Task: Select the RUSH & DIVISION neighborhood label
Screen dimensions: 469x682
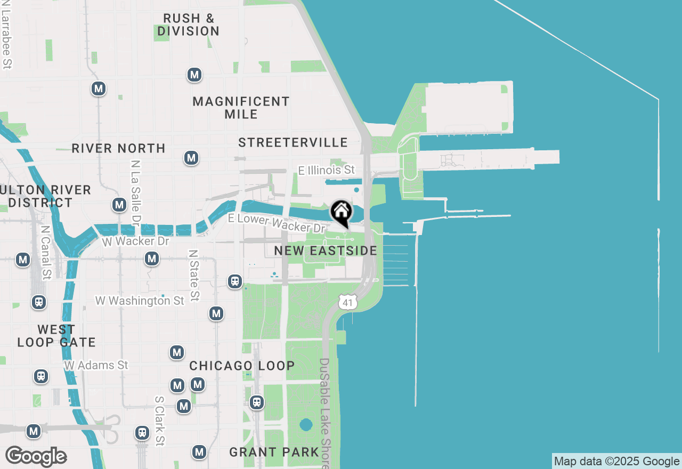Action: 189,25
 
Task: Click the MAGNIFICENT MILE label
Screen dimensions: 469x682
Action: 241,108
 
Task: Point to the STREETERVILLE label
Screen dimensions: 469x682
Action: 293,142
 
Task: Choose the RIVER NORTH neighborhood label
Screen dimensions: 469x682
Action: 118,148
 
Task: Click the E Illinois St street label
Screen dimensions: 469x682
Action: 326,170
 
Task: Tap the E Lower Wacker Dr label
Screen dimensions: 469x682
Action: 277,223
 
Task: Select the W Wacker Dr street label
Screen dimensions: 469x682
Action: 135,241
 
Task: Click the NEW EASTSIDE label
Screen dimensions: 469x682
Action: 326,250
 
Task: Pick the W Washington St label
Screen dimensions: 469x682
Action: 140,301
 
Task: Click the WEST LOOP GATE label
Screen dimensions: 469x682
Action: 56,336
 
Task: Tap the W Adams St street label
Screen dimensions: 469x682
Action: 96,366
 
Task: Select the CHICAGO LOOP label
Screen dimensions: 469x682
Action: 242,366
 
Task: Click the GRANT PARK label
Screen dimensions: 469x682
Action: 274,452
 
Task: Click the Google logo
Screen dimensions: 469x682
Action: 36,456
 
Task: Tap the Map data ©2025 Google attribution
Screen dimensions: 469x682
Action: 616,462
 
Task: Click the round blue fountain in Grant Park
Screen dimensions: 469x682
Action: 306,425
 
